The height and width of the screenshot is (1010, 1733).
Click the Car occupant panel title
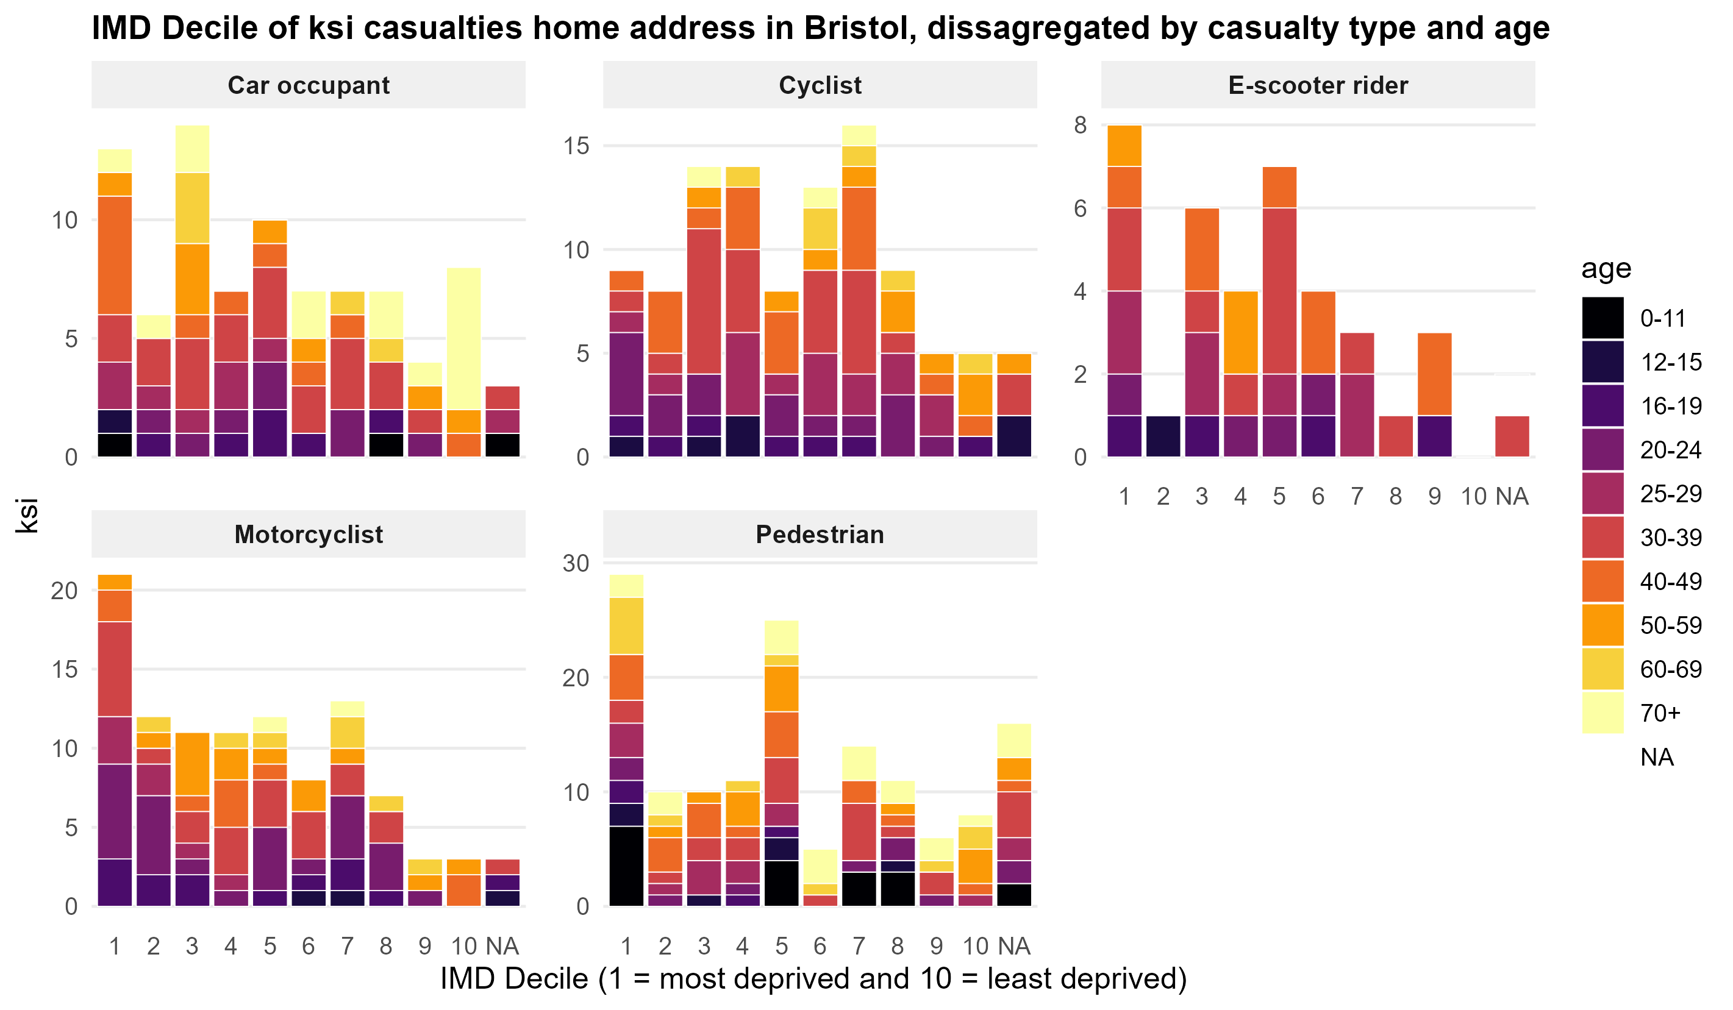[x=308, y=85]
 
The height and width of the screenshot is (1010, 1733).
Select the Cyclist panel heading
[x=820, y=85]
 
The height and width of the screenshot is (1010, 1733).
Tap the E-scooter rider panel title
[x=1318, y=85]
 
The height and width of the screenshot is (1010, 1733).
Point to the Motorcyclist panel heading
[x=308, y=534]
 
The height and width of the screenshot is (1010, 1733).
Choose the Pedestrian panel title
[x=820, y=534]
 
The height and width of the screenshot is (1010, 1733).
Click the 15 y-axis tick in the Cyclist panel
[x=576, y=146]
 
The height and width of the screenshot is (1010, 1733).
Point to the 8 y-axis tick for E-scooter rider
[x=1081, y=125]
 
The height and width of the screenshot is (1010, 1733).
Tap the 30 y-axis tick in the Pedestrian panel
[x=576, y=563]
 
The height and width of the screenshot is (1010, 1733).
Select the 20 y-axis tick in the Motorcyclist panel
[x=65, y=590]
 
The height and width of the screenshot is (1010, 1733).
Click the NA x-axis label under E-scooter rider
[x=1512, y=496]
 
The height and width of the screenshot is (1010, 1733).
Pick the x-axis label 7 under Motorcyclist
[x=348, y=946]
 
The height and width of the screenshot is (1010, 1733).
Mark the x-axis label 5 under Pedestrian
[x=781, y=946]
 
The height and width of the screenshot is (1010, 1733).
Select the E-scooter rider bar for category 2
[x=1163, y=436]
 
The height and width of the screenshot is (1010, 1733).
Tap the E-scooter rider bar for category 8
[x=1395, y=436]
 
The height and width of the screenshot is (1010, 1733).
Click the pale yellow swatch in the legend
[x=1603, y=713]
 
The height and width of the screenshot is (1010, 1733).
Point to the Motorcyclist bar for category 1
[x=115, y=740]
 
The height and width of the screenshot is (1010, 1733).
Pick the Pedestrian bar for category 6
[x=820, y=877]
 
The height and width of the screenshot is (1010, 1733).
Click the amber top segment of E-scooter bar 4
[x=1240, y=332]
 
